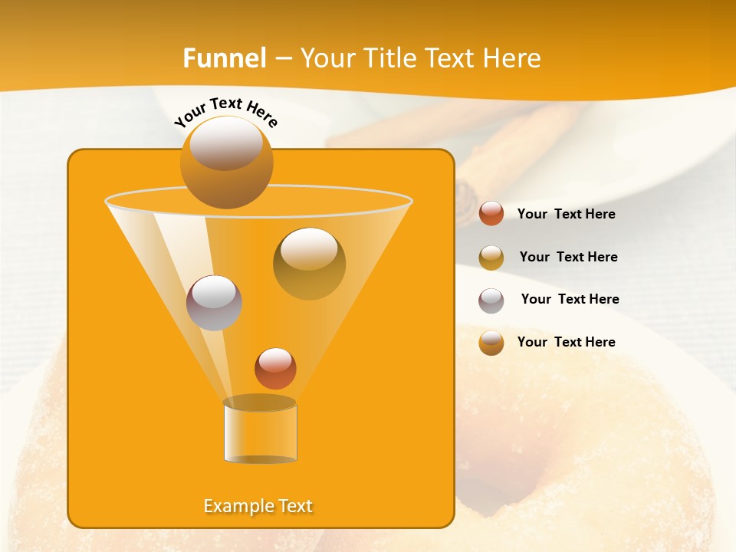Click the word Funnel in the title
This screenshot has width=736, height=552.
coord(224,58)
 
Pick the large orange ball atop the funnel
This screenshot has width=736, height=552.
coord(226,162)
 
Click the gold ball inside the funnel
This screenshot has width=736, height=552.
coord(309,263)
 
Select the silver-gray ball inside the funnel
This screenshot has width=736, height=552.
coord(214,302)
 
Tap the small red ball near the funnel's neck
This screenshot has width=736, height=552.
coord(275,368)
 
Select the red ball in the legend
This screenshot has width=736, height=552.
coord(491,214)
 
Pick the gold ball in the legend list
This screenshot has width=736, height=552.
coord(491,258)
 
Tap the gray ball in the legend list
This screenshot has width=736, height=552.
coord(491,301)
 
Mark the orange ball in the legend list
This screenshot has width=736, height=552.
coord(491,343)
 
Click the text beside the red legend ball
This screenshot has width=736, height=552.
coord(566,215)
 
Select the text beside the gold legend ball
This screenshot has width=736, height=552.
coord(568,258)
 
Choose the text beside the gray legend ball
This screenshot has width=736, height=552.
coord(570,300)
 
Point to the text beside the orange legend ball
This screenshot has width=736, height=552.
coord(566,342)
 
